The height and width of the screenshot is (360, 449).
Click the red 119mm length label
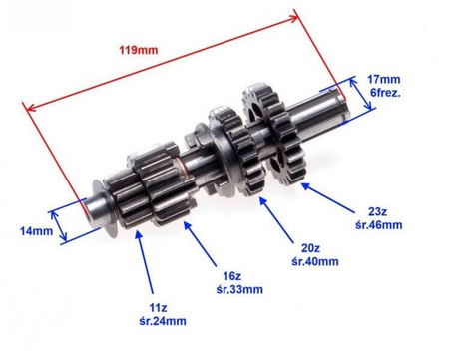(139, 50)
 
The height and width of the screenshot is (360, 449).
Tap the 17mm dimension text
(384, 79)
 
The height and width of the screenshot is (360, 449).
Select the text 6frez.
(386, 93)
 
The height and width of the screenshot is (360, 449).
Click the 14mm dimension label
(36, 231)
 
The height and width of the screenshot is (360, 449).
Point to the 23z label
(377, 211)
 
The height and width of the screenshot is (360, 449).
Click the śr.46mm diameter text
(379, 225)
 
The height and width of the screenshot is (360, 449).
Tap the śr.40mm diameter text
(315, 261)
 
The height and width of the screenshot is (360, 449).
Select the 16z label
(231, 276)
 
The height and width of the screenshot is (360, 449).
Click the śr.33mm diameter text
(239, 289)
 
